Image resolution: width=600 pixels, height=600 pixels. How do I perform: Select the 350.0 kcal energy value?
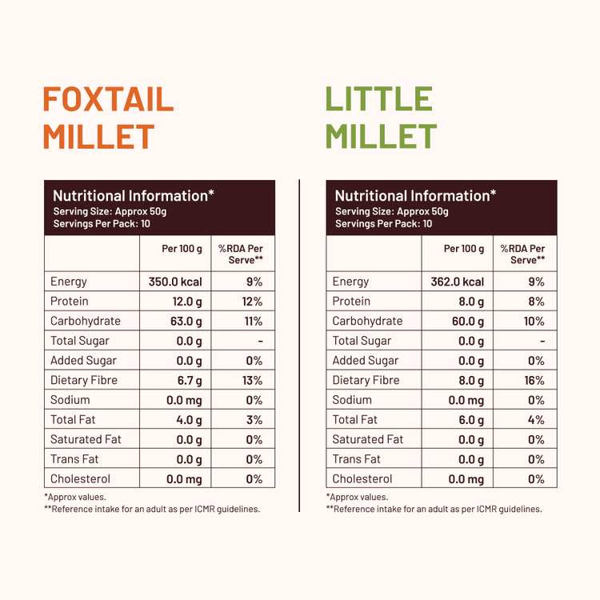tap(175, 282)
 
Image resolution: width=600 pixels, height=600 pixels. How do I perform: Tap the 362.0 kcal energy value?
tap(458, 282)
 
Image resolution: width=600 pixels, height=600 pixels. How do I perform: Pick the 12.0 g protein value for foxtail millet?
tap(186, 302)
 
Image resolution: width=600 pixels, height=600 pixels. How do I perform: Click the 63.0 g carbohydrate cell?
tap(186, 321)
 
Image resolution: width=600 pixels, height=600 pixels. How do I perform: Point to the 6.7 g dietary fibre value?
tap(189, 380)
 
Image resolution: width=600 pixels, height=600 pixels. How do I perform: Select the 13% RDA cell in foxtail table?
tap(253, 380)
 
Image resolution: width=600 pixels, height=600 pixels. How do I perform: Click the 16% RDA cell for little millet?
tap(534, 380)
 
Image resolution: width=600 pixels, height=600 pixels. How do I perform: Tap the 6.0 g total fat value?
tap(470, 419)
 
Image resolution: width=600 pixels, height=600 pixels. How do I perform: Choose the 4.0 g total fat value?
tap(189, 419)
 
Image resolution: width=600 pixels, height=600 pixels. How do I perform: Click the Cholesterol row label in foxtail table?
tap(80, 478)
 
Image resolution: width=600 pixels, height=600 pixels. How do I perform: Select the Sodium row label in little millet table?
tap(352, 400)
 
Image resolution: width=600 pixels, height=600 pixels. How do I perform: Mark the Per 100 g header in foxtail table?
tap(182, 249)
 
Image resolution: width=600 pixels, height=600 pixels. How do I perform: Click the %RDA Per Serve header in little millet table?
tap(527, 254)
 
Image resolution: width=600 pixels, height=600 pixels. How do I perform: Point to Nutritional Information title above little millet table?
tap(415, 195)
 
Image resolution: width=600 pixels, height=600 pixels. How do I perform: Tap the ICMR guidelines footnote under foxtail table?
tap(152, 509)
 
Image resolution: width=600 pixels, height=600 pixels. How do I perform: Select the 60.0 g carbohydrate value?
tap(469, 321)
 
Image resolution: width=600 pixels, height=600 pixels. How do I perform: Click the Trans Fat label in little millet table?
tap(356, 459)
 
